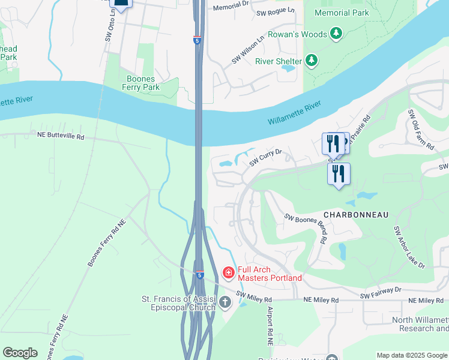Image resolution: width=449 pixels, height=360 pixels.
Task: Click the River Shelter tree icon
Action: click(x=311, y=59)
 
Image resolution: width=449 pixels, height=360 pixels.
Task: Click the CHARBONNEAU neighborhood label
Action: click(x=356, y=214)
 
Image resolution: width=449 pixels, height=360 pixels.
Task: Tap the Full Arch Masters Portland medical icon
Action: click(x=228, y=273)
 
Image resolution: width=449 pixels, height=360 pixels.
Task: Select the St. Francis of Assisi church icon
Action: click(x=225, y=302)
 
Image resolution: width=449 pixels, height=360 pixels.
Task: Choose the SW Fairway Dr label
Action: click(x=380, y=292)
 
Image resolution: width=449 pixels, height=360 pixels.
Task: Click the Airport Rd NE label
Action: click(x=270, y=324)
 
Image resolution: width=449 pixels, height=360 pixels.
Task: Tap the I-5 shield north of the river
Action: click(x=197, y=40)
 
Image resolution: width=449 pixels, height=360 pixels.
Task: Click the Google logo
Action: click(x=20, y=353)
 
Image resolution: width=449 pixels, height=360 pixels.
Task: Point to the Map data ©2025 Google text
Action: click(x=411, y=355)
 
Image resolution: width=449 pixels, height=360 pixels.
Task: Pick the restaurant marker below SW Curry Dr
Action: click(x=339, y=173)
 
